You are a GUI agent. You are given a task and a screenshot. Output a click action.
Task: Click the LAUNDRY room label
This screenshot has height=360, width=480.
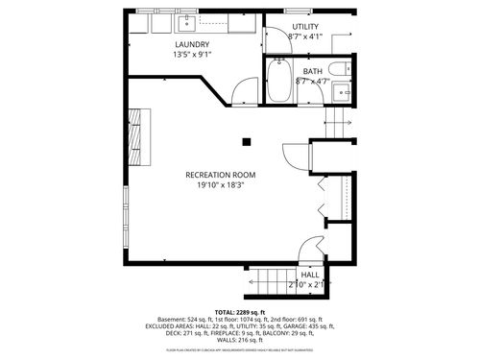(193, 44)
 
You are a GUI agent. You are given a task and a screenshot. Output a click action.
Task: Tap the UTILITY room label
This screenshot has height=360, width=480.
(305, 27)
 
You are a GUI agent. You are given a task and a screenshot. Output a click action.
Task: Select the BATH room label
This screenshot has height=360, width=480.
(313, 71)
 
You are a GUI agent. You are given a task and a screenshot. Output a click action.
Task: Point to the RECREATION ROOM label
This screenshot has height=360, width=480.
(222, 174)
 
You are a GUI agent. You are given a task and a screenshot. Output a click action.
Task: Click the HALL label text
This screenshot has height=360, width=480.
(310, 275)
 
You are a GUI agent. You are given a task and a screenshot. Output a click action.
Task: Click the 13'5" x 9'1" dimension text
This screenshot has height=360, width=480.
(193, 55)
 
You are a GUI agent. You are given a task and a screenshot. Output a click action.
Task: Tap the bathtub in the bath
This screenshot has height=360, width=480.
(280, 83)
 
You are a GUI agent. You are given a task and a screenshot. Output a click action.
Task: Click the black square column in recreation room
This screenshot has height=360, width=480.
(247, 142)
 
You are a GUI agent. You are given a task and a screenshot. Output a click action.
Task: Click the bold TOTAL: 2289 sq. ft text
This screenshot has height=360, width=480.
(240, 313)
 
